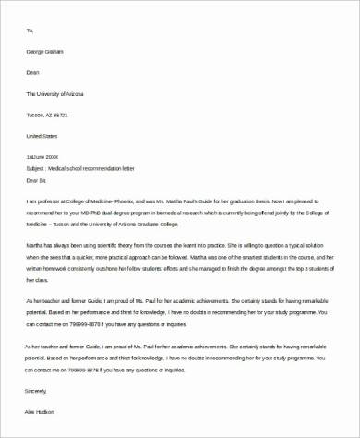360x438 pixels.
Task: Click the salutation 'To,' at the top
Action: tap(30, 30)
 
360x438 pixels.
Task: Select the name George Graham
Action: tap(43, 52)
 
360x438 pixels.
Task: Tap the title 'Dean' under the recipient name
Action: tap(32, 73)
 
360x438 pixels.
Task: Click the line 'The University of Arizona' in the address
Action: tap(57, 93)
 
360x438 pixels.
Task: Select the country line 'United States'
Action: tap(42, 134)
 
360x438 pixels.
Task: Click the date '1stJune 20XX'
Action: tap(43, 155)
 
